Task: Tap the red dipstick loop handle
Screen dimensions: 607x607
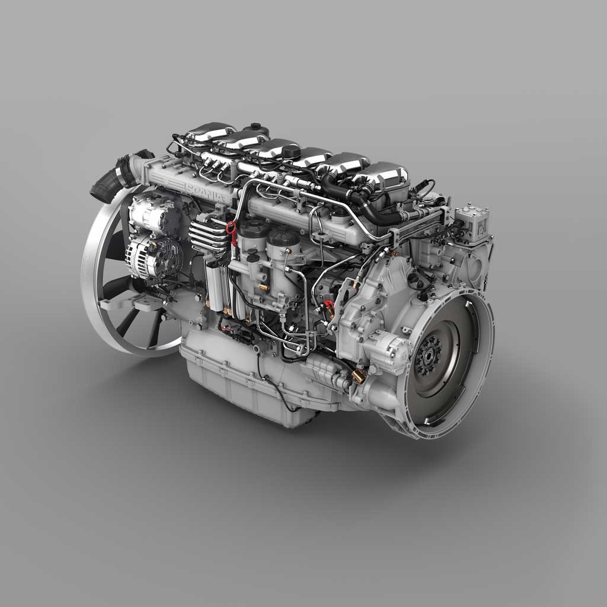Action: point(231,228)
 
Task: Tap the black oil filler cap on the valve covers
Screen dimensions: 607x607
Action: point(290,151)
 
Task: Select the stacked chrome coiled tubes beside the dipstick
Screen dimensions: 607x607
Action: point(207,235)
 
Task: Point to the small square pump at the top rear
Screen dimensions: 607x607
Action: point(472,219)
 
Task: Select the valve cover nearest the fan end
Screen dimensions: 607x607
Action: point(210,131)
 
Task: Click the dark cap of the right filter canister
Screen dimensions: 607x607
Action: point(283,237)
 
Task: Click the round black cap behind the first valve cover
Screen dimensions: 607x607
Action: point(256,129)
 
